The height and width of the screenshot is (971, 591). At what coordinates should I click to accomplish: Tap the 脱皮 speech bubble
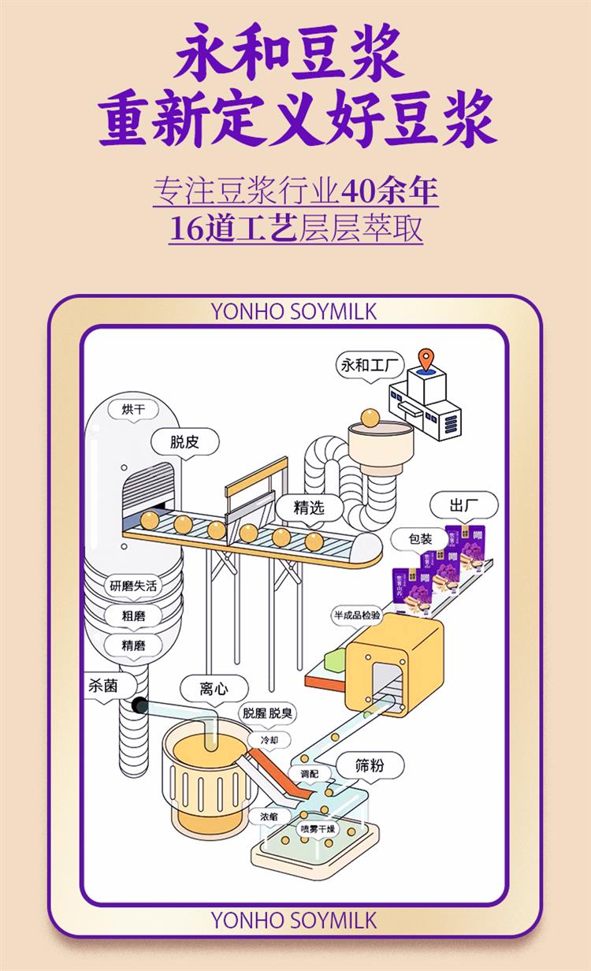184,441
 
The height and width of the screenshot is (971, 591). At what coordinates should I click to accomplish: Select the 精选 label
309,508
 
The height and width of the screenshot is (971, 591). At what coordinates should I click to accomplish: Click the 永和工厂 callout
370,365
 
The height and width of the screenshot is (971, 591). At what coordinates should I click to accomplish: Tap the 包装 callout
420,539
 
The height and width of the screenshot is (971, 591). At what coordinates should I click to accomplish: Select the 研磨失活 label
134,586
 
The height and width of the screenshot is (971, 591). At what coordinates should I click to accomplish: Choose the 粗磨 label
133,615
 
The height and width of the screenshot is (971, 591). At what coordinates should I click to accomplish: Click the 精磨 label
133,645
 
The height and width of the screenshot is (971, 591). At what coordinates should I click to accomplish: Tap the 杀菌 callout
102,686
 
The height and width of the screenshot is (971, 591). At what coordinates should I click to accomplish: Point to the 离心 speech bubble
214,689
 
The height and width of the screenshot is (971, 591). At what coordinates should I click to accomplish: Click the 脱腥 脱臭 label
268,713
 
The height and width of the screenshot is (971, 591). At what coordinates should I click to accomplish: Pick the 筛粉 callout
370,764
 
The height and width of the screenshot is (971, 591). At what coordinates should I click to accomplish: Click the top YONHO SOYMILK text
294,311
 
